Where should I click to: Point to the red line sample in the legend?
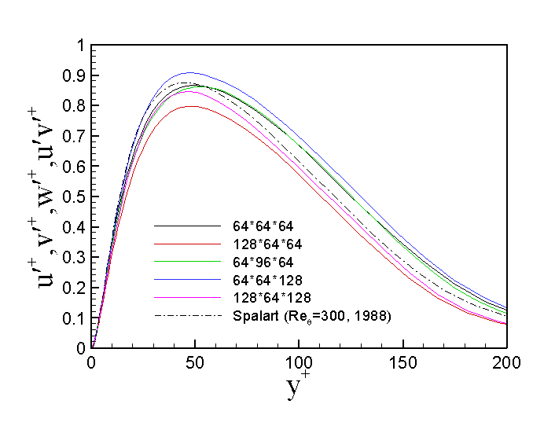click(186, 244)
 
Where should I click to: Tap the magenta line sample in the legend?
click(186, 298)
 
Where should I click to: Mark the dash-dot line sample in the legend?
click(186, 316)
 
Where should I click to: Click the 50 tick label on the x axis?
click(195, 362)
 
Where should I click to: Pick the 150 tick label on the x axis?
click(402, 362)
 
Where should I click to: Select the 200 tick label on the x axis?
click(506, 362)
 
